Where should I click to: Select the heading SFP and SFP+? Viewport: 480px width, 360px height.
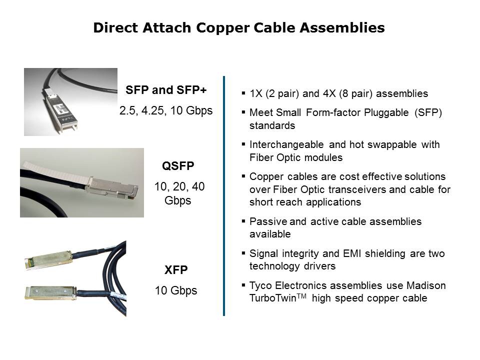(166, 90)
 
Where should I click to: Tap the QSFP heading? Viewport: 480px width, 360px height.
(178, 166)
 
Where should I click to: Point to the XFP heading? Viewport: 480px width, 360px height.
(176, 269)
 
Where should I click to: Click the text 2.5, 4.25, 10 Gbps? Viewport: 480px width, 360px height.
(166, 110)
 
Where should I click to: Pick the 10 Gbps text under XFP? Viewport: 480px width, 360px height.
(176, 290)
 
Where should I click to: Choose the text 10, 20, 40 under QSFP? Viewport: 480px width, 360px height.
(179, 186)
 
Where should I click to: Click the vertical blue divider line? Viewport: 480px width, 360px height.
(224, 196)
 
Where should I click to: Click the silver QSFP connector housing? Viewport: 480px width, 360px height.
(112, 187)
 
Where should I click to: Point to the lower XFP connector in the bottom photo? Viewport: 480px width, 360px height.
(50, 292)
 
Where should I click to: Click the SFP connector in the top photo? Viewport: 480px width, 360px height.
(59, 111)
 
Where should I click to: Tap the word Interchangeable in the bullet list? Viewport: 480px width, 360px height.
(286, 144)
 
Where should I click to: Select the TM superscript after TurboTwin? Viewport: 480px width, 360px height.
(301, 295)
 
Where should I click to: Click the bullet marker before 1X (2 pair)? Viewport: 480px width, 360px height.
(243, 93)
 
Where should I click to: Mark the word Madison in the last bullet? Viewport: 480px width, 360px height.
(426, 285)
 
